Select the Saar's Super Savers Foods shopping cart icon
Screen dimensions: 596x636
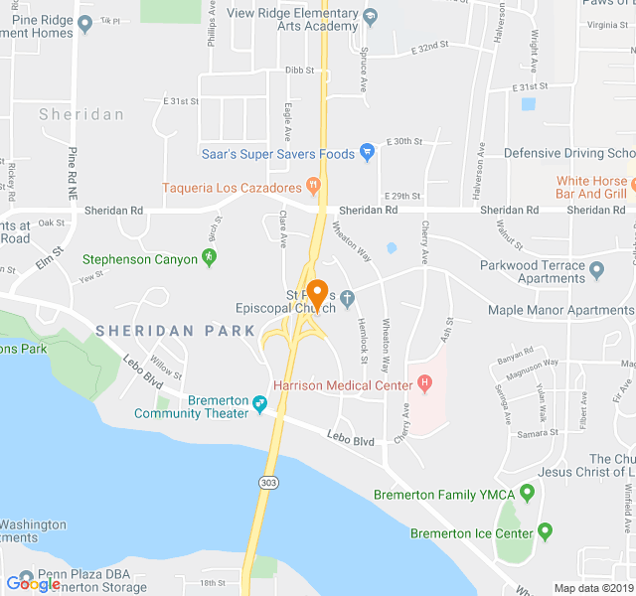pos(367,153)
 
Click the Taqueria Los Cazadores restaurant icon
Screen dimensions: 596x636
pos(313,185)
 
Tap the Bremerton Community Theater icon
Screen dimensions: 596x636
pos(260,403)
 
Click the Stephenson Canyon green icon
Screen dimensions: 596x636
pos(209,258)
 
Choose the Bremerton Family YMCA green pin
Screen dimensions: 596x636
pos(528,492)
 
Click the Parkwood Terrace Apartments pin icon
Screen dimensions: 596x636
pos(596,268)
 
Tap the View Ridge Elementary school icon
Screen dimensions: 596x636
pos(371,17)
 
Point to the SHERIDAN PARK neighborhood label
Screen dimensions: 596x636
pos(168,330)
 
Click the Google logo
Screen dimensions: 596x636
pos(33,583)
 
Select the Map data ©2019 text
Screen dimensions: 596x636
pos(592,588)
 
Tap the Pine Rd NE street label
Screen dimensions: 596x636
pos(73,169)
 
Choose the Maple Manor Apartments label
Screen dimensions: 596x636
pos(559,310)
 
